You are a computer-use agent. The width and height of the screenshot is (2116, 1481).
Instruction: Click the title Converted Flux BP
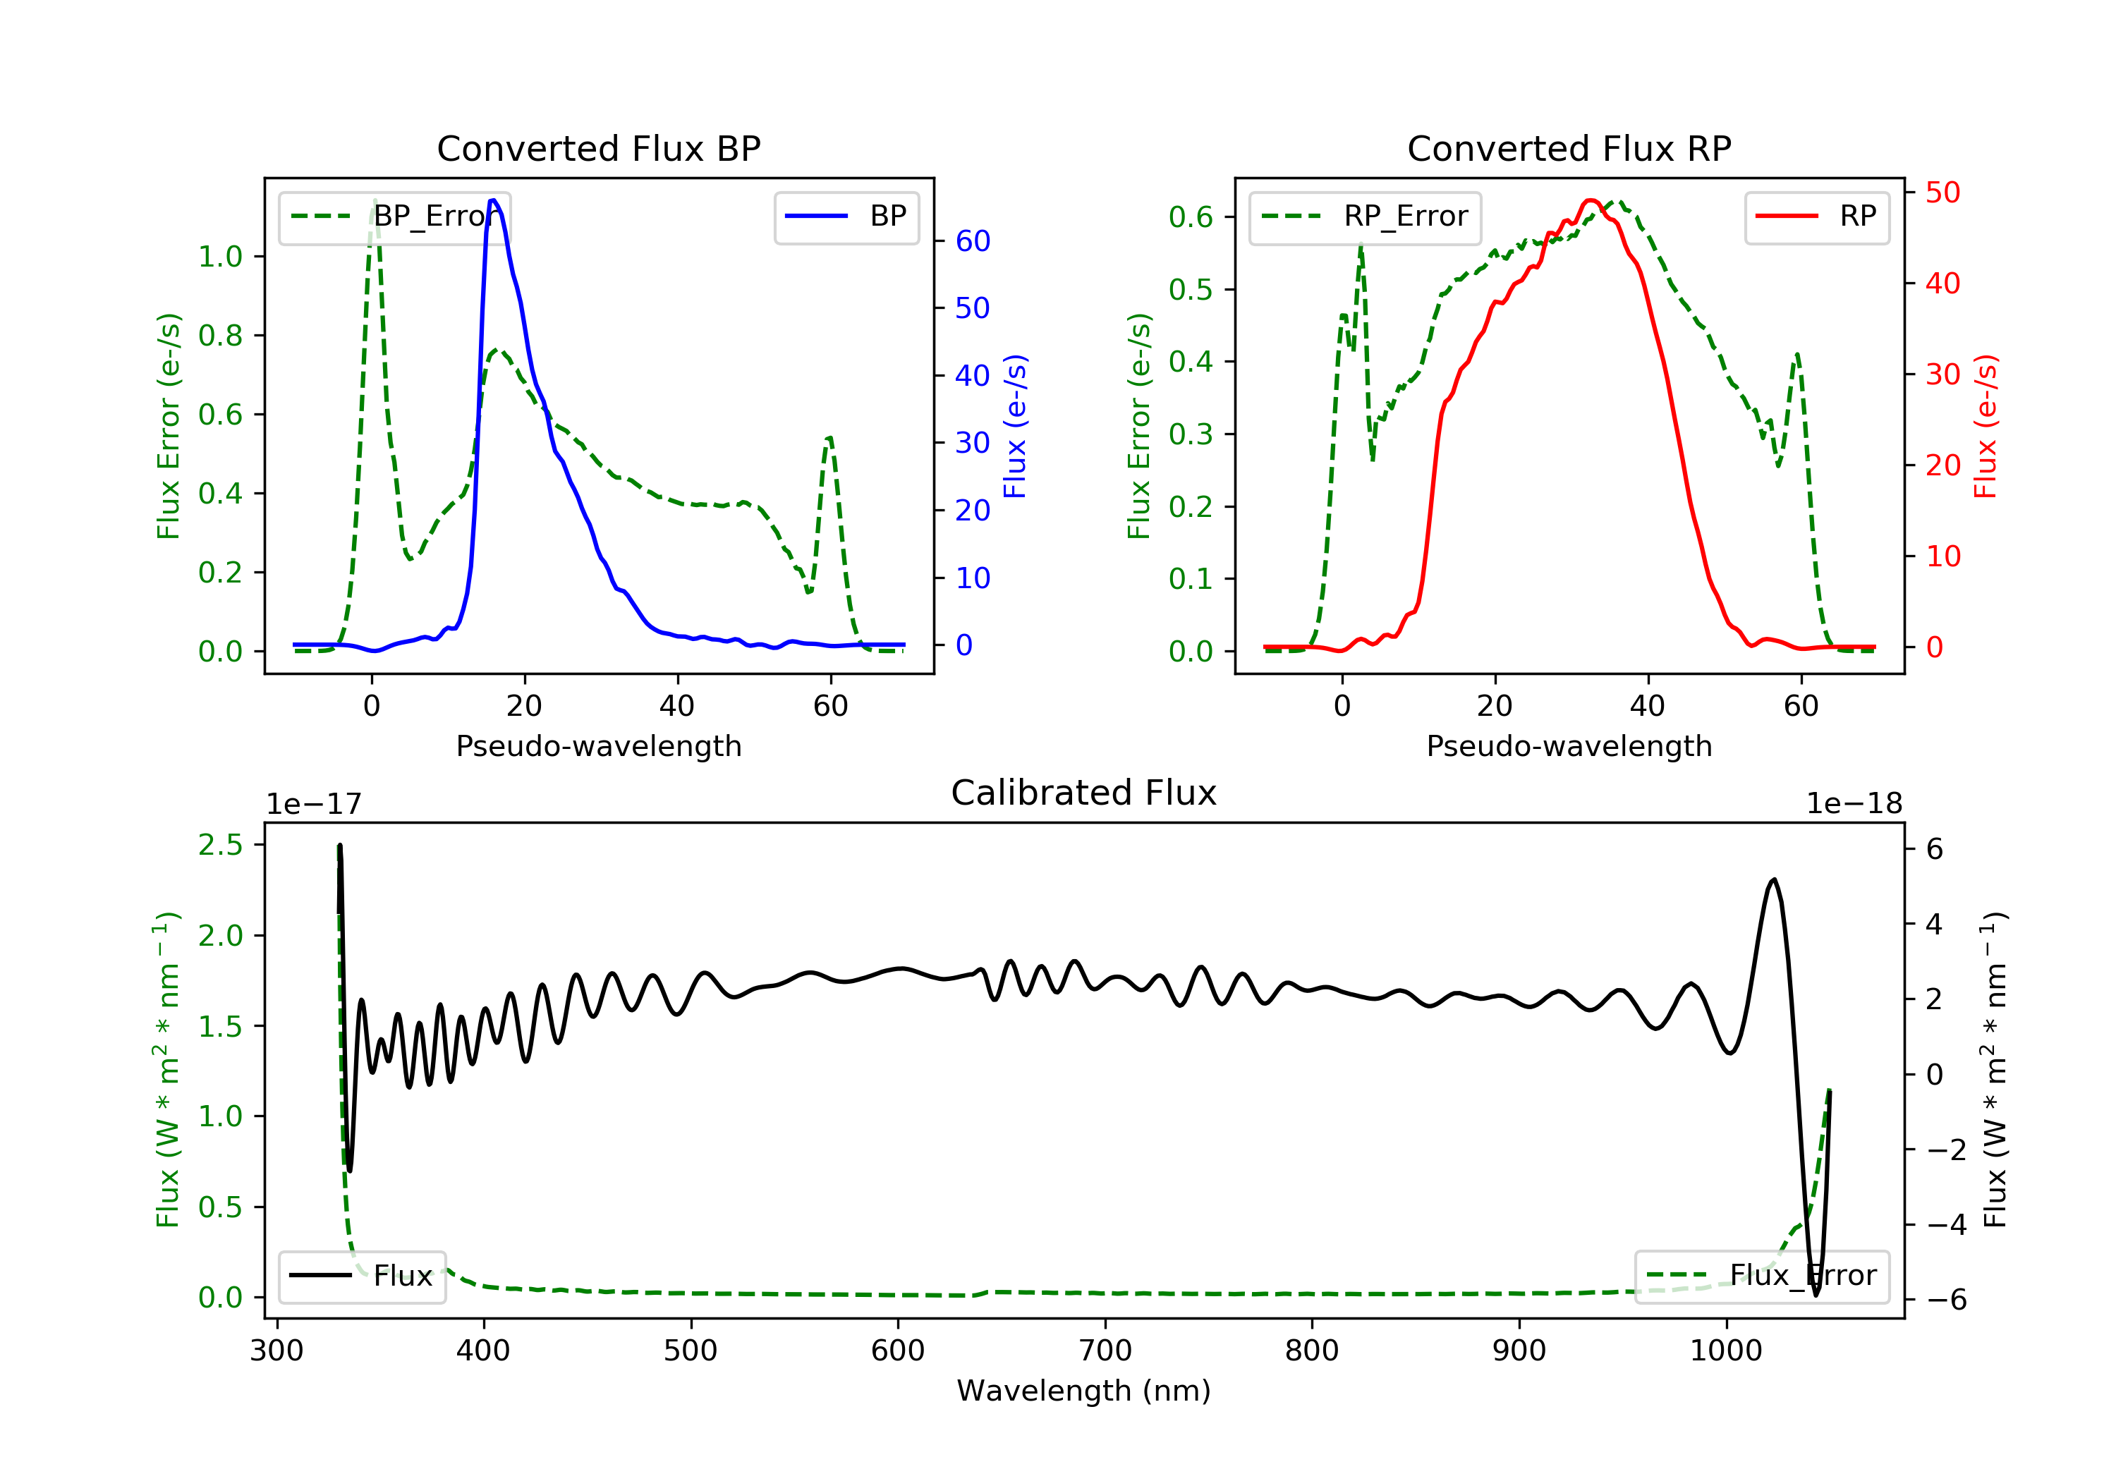(598, 148)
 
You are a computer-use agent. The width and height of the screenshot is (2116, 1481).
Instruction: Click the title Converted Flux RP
(1569, 148)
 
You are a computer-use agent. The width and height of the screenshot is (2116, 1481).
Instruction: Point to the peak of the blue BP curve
(493, 200)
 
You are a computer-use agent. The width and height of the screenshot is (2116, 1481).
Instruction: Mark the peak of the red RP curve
(1591, 200)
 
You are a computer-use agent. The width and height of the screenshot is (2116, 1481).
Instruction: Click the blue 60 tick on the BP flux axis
(972, 241)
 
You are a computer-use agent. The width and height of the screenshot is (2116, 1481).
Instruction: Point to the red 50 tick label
(1942, 193)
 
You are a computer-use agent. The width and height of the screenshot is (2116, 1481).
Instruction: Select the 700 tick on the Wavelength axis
(1105, 1351)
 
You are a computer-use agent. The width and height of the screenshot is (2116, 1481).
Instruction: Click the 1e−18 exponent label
(1854, 804)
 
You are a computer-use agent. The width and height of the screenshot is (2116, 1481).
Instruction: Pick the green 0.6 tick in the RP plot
(1191, 217)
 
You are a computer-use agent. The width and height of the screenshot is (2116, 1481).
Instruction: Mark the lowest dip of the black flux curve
(1816, 1295)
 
